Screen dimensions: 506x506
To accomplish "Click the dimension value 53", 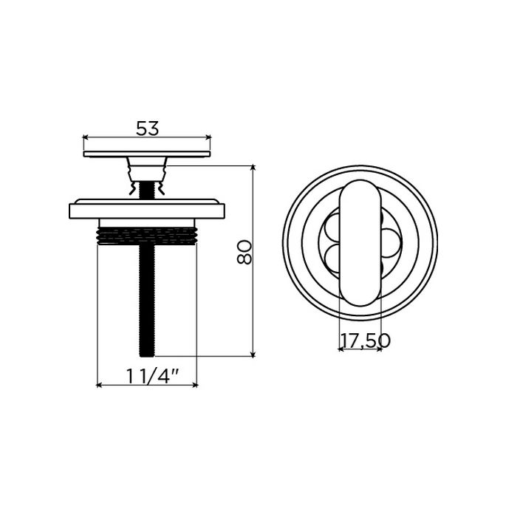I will click(x=148, y=128).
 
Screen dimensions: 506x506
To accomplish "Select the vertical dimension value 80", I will click(x=246, y=252).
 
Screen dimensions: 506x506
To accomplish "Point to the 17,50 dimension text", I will click(x=364, y=341).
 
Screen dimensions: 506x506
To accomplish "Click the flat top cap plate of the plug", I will click(x=148, y=154).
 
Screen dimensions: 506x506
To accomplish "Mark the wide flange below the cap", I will click(x=148, y=210).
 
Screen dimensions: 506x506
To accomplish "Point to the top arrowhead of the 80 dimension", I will click(x=253, y=169).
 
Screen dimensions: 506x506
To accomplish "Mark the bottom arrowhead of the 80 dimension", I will click(x=253, y=355).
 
